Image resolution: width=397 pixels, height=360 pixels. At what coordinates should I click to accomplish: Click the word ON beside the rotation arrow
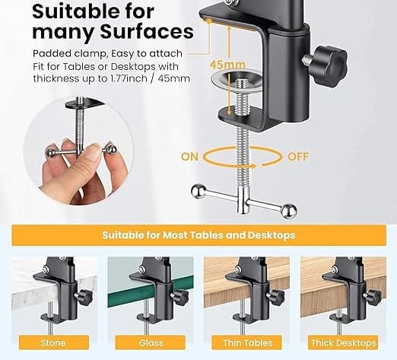191,156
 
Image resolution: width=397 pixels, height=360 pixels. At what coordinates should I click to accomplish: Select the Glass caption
150,343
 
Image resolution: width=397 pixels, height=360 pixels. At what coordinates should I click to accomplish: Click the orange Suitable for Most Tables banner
198,235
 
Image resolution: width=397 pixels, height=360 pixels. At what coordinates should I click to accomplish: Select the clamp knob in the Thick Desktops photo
370,296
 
